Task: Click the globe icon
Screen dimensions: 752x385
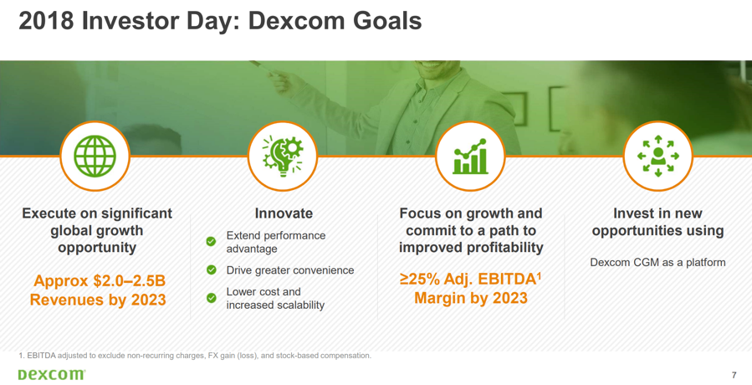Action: pyautogui.click(x=95, y=156)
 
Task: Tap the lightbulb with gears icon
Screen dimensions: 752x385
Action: pyautogui.click(x=283, y=156)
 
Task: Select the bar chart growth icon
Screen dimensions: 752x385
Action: pyautogui.click(x=470, y=157)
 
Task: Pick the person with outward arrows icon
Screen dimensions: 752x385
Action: pyautogui.click(x=658, y=156)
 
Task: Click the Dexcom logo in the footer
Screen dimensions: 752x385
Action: pyautogui.click(x=52, y=374)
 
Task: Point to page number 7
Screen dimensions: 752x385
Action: pyautogui.click(x=734, y=375)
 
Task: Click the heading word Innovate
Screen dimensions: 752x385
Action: pyautogui.click(x=284, y=213)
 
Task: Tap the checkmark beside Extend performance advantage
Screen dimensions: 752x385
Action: pyautogui.click(x=211, y=241)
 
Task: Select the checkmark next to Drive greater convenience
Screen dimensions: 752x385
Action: pyautogui.click(x=211, y=269)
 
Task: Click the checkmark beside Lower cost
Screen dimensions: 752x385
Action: pyautogui.click(x=211, y=298)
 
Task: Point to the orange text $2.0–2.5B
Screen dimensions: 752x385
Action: pyautogui.click(x=129, y=281)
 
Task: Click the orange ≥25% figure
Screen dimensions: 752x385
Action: pyautogui.click(x=420, y=279)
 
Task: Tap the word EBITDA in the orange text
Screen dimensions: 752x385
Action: pyautogui.click(x=509, y=279)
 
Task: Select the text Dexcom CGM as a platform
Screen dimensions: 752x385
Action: pyautogui.click(x=657, y=263)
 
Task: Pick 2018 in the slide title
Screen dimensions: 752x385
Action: pyautogui.click(x=46, y=21)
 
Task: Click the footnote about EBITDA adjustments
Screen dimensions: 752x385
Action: pyautogui.click(x=195, y=356)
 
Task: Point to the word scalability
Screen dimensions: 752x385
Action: pyautogui.click(x=299, y=305)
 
